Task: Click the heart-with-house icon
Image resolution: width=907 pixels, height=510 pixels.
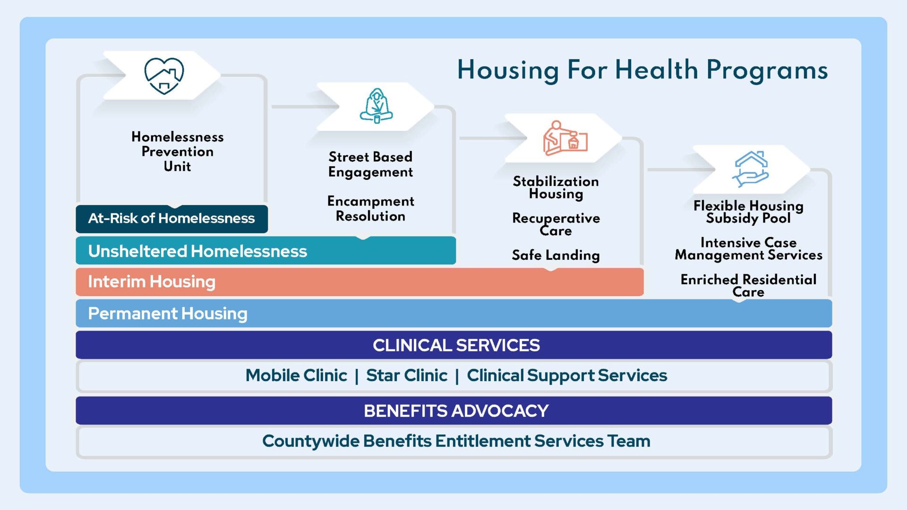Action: [x=164, y=76]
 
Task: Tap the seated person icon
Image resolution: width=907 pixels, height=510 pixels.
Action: [x=376, y=106]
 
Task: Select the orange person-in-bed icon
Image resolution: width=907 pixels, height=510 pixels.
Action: [x=565, y=138]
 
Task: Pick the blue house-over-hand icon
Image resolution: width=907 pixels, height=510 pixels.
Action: [x=750, y=169]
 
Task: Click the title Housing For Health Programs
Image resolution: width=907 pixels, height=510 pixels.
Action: [x=642, y=70]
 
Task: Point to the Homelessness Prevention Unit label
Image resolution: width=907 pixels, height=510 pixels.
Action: [x=178, y=152]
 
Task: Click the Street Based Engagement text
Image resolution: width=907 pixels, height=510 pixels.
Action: [x=370, y=164]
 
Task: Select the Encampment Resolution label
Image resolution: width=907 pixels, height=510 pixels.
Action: [x=370, y=209]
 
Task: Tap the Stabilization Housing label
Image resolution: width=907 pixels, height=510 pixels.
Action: [x=556, y=187]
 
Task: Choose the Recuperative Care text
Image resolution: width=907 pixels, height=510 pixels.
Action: [x=556, y=224]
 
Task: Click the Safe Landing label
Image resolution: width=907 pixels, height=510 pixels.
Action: [x=556, y=255]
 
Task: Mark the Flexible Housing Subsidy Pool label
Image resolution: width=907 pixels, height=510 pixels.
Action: [x=748, y=212]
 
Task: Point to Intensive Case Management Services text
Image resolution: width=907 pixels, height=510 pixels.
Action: [x=748, y=249]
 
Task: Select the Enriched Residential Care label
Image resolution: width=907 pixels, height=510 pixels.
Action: [x=748, y=286]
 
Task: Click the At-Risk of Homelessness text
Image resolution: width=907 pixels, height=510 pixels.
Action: [x=171, y=219]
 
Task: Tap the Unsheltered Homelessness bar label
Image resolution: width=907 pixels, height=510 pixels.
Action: [x=197, y=251]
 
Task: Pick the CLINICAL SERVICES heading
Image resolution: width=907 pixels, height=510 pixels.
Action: [x=456, y=345]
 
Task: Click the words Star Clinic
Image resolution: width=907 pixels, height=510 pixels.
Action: [x=407, y=375]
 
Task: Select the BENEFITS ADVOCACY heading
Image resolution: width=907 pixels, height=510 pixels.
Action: [x=456, y=411]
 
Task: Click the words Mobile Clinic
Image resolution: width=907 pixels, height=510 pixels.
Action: [x=296, y=375]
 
